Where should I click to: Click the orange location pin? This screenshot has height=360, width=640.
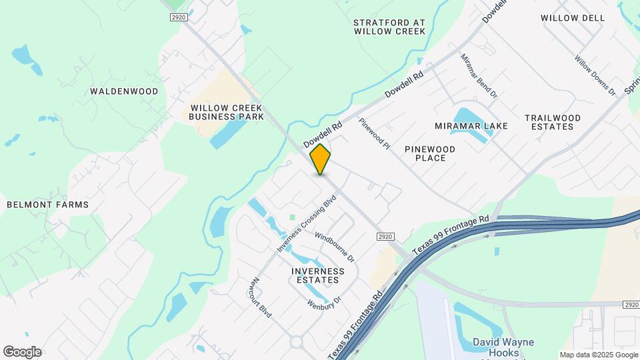point(321,159)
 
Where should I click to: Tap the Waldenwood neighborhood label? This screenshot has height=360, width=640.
point(125,91)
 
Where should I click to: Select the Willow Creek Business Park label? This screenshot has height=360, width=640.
point(226,112)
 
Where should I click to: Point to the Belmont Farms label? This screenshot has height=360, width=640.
point(47,205)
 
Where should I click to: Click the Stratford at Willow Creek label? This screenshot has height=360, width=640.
point(389,27)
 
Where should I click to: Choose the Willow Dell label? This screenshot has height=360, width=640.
point(572,18)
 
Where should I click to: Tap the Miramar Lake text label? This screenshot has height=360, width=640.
point(471,126)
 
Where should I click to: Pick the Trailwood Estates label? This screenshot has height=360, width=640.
point(553,122)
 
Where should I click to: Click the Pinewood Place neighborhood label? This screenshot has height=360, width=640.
point(430,153)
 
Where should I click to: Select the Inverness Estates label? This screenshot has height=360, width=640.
point(318,275)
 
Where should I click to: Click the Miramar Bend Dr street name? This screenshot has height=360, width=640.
point(479,75)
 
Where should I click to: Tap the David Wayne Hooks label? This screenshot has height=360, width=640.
point(503,347)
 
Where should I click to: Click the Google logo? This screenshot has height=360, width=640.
point(22,352)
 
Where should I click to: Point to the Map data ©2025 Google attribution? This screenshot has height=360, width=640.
point(599,355)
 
